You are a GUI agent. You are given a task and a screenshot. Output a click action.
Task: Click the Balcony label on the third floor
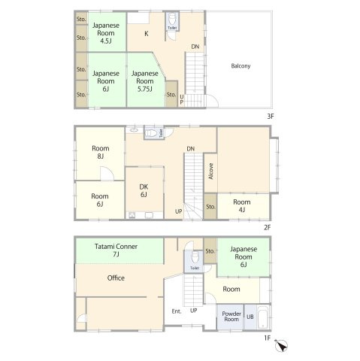pyautogui.click(x=241, y=66)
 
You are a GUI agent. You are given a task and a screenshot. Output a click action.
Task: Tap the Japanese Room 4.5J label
pyautogui.click(x=106, y=33)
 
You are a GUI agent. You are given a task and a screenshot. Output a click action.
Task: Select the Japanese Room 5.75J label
pyautogui.click(x=145, y=81)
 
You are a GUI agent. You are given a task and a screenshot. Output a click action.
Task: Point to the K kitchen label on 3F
pyautogui.click(x=147, y=33)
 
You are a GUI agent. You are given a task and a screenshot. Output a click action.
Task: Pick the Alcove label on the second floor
pyautogui.click(x=210, y=171)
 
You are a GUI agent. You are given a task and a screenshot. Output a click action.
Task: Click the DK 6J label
pyautogui.click(x=144, y=190)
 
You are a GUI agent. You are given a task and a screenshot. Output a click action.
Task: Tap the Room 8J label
pyautogui.click(x=100, y=152)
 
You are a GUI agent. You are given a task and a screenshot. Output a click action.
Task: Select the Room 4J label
pyautogui.click(x=242, y=206)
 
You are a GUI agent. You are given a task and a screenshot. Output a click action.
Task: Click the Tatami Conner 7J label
pyautogui.click(x=116, y=250)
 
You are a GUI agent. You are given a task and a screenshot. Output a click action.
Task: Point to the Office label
pyautogui.click(x=116, y=278)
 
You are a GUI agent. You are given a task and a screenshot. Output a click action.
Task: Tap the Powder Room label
pyautogui.click(x=231, y=317)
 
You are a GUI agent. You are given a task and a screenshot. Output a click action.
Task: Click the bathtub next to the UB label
pyautogui.click(x=263, y=317)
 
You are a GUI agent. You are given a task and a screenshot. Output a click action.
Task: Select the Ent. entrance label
pyautogui.click(x=177, y=311)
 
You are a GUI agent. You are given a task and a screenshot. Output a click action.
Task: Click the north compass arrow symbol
pyautogui.click(x=281, y=346)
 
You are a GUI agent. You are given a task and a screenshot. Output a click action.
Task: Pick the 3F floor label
pyautogui.click(x=270, y=117)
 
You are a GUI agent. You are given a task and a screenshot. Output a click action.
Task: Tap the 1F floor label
pyautogui.click(x=267, y=338)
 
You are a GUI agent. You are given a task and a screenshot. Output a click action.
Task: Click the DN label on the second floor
pyautogui.click(x=190, y=149)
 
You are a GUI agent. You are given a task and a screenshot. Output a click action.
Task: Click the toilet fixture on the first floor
pyautogui.click(x=195, y=257)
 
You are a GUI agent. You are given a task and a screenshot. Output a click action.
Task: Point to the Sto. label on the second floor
pyautogui.click(x=210, y=207)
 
